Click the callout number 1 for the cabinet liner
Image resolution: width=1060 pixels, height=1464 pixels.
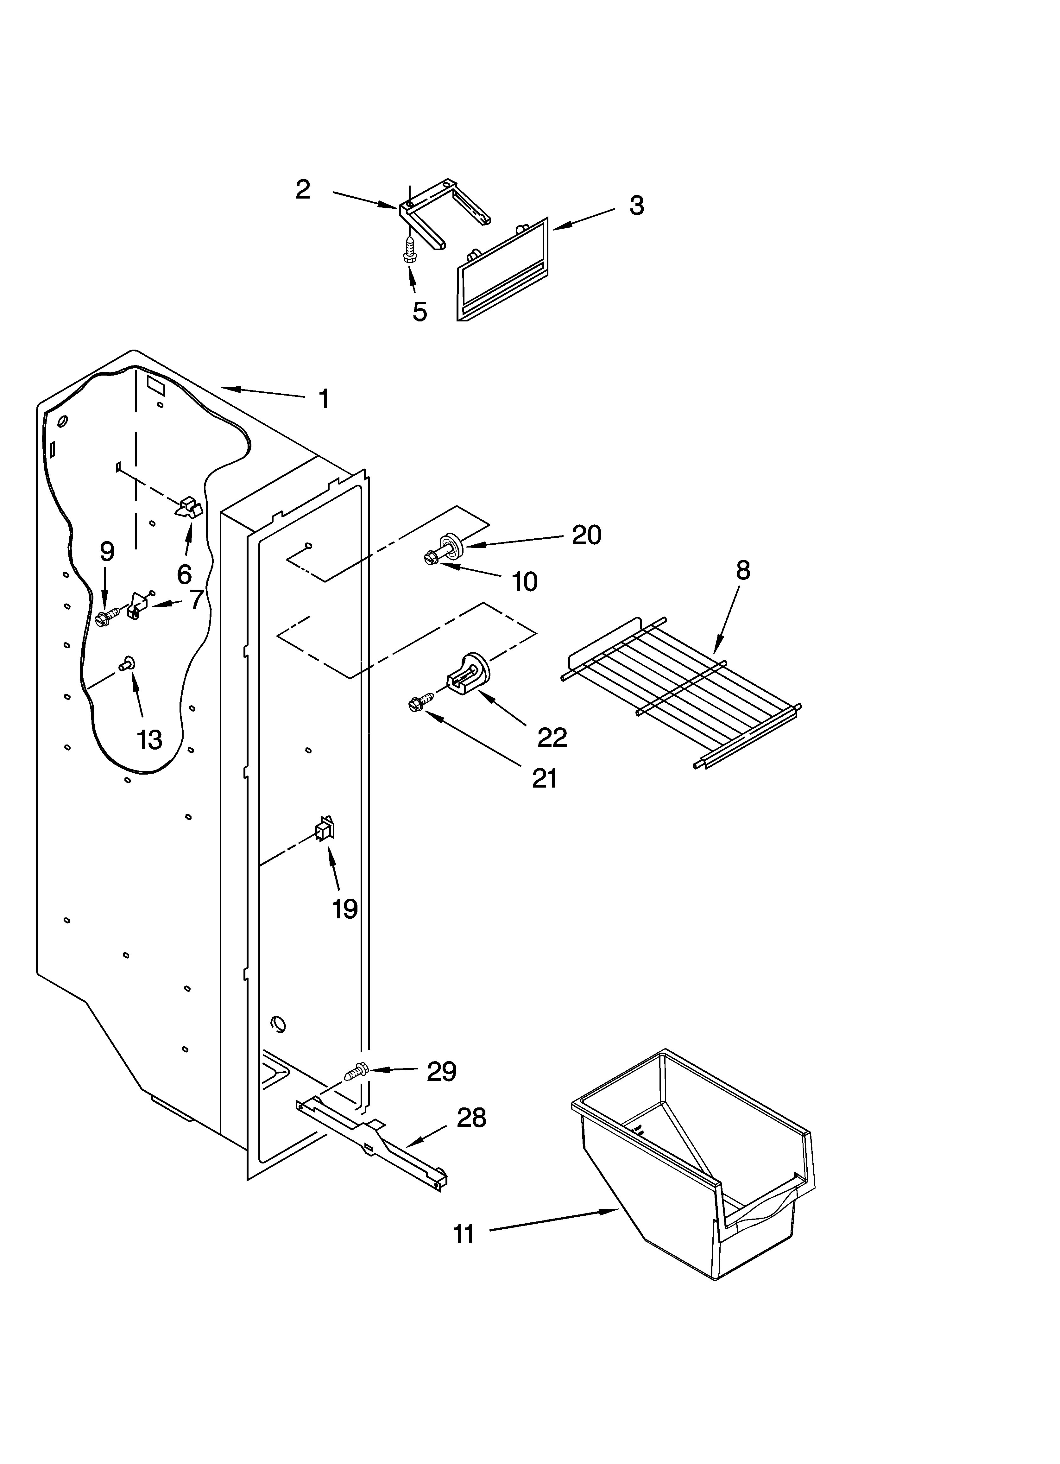(324, 399)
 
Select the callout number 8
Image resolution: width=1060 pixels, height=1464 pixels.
(743, 571)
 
